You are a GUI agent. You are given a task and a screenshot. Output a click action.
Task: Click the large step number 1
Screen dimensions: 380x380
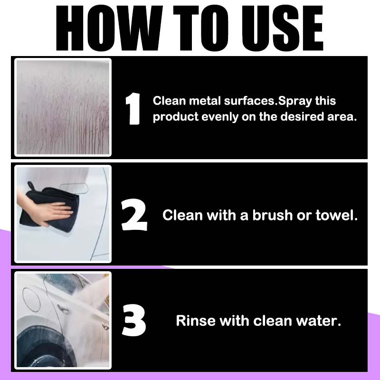coord(133,109)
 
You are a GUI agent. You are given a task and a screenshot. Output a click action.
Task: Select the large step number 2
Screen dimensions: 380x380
coord(134,215)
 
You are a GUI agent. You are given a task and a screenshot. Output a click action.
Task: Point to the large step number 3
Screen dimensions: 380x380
coord(134,320)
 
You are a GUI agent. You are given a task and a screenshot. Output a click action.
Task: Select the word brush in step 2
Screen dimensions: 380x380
coord(272,215)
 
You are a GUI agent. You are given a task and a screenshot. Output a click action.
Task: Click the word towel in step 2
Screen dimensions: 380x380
coord(337,215)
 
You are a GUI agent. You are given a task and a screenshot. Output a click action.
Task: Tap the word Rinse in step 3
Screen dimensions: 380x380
coord(196,321)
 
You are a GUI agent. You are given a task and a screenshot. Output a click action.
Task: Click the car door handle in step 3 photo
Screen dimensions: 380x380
coord(63,308)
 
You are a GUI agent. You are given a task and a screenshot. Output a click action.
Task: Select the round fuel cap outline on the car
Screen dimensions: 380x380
coord(31,300)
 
